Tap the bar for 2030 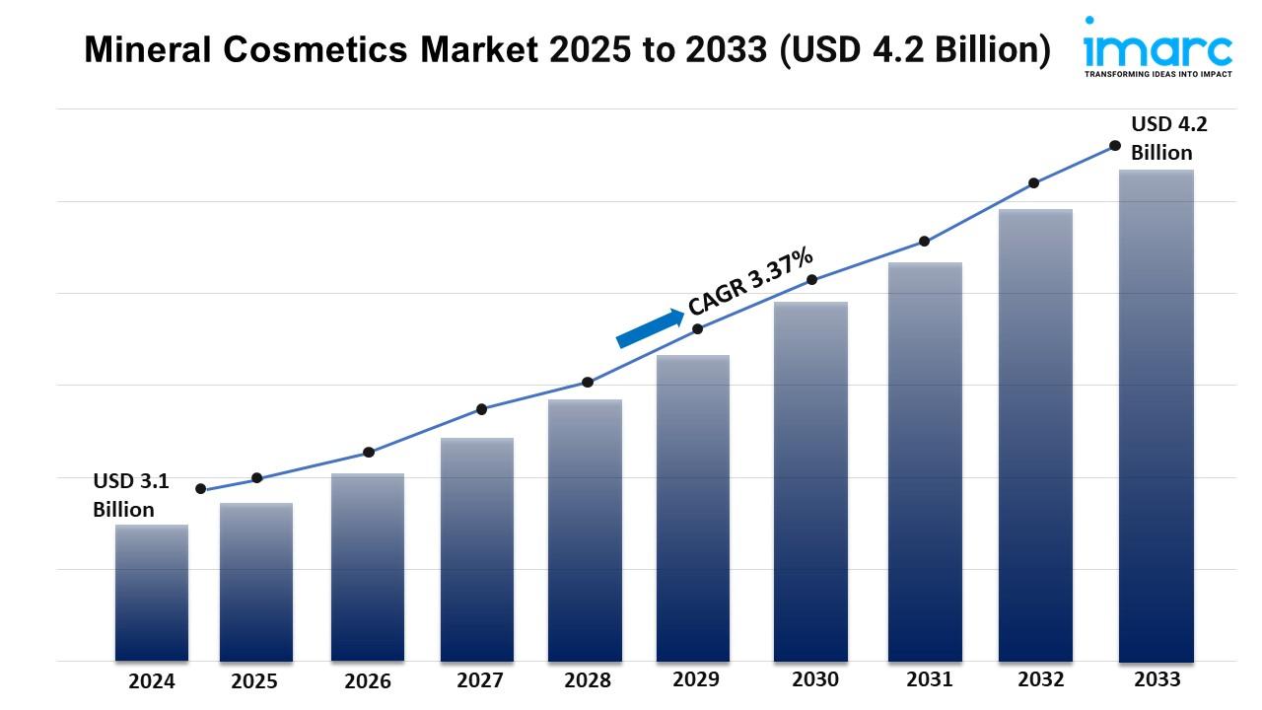810,481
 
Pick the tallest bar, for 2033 1157,415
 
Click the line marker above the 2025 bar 257,478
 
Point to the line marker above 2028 588,383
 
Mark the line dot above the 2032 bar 1034,183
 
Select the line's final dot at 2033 1115,146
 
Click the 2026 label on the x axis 368,681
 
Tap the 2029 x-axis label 696,679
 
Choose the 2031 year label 930,679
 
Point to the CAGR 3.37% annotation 751,282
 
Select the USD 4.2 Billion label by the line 1168,138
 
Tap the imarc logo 1157,47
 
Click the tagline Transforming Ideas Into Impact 1157,74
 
